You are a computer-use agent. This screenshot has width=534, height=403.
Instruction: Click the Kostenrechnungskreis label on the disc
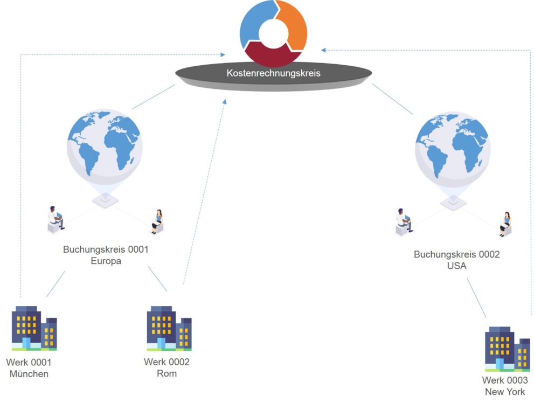pos(273,73)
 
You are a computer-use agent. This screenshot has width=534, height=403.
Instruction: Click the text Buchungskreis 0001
pos(106,249)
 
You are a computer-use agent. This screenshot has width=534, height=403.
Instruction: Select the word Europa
pos(106,261)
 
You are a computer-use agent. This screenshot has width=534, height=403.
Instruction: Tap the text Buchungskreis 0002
pos(456,254)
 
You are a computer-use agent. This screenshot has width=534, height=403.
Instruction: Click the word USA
pos(456,266)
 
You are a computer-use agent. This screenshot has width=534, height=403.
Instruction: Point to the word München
pos(29,374)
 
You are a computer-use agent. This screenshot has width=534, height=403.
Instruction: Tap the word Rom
pos(167,373)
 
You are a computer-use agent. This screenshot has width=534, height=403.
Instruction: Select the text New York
pos(505,392)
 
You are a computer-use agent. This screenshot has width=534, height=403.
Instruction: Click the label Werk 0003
pos(505,380)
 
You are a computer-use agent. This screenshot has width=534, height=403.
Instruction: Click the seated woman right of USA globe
pos(505,224)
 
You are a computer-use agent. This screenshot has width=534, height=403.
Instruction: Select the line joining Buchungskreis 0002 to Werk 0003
pos(476,297)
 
